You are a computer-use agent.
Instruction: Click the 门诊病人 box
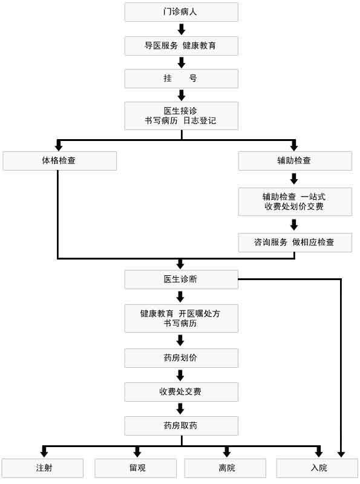181,12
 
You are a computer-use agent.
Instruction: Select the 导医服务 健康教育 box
181,45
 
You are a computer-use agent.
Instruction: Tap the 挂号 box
181,79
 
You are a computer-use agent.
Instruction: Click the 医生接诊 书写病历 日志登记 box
181,116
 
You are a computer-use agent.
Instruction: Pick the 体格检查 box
59,160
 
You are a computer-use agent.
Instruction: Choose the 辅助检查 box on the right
295,160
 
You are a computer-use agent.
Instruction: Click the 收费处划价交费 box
295,201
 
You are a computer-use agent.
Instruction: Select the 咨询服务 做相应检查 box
295,242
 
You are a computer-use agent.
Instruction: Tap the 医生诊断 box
181,280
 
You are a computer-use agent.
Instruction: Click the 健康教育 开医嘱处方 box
181,318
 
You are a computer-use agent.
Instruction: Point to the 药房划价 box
181,358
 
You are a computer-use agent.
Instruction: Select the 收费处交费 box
181,391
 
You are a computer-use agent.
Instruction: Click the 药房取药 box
181,425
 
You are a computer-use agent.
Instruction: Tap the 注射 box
42,468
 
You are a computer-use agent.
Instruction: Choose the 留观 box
136,468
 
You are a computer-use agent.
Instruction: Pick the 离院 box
225,468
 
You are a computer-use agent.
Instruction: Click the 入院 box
318,468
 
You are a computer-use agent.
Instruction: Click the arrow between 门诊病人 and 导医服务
181,29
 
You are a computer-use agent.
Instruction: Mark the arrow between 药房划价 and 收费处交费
181,375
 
